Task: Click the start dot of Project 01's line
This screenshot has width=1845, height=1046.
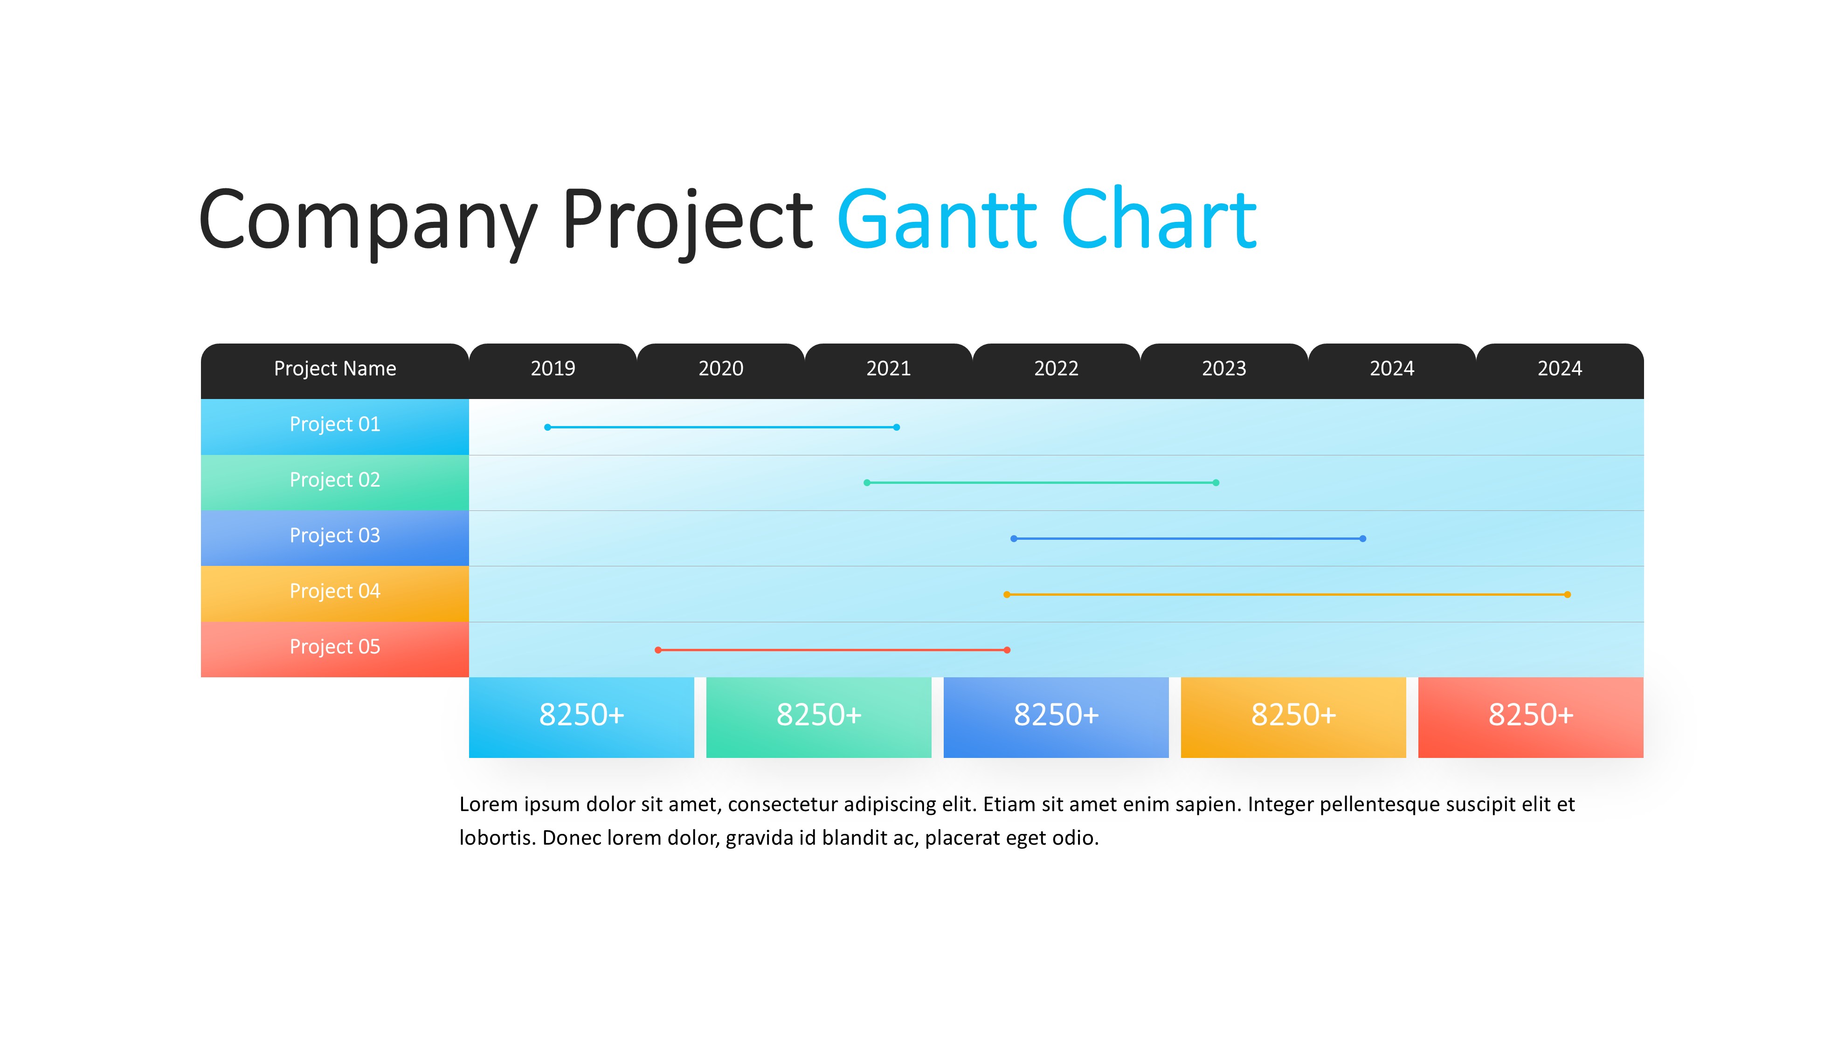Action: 547,427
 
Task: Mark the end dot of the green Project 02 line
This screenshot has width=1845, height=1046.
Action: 1216,483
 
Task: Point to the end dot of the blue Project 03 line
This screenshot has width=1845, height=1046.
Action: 1363,539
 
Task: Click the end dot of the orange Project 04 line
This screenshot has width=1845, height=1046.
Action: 1568,595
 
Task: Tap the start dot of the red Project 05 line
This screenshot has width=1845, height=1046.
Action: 658,650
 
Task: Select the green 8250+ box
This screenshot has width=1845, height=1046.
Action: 819,717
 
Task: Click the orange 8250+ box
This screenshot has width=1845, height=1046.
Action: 1293,717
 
